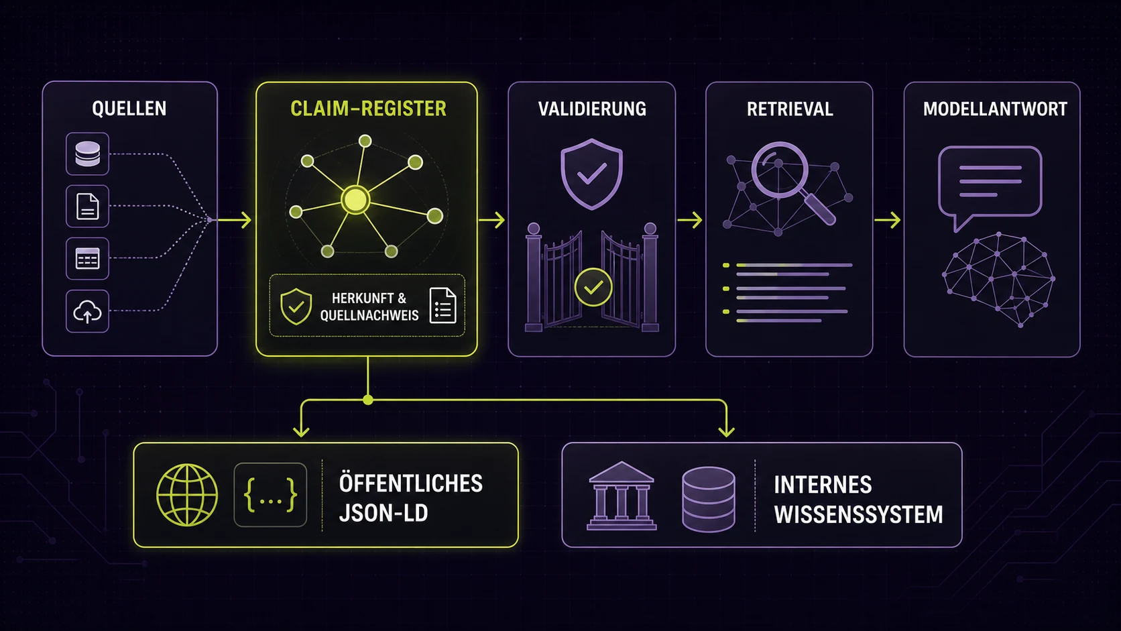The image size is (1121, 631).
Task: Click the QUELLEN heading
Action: pos(129,109)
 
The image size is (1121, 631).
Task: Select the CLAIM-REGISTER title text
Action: pos(368,109)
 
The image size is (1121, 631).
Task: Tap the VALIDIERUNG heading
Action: pos(592,109)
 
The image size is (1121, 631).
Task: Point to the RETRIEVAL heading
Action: pos(790,109)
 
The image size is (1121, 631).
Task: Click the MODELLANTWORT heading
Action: pos(995,109)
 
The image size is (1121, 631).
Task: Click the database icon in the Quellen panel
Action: pos(88,154)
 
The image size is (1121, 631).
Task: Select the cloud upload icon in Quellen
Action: pos(88,311)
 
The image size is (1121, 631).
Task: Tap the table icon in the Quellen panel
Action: pos(88,259)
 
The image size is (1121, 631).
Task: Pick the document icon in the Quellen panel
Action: pos(88,206)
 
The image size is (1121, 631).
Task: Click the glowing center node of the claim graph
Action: pos(355,200)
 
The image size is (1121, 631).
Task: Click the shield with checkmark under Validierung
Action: pos(592,174)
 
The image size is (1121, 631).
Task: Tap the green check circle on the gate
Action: pos(593,287)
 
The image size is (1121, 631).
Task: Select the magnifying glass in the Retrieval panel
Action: pos(792,181)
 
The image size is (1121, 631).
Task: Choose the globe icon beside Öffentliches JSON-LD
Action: pos(187,495)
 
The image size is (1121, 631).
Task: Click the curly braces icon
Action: pos(270,495)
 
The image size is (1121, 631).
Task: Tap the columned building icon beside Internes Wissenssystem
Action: pos(622,496)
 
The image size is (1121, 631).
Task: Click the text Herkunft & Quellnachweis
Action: pos(369,306)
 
